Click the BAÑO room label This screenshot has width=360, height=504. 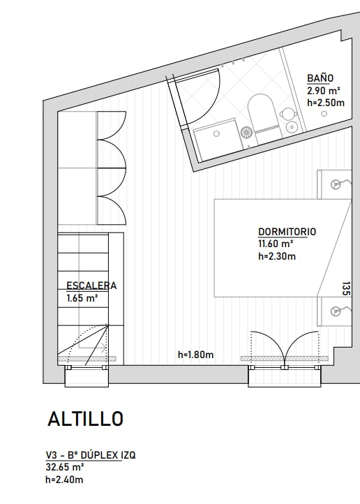click(x=320, y=78)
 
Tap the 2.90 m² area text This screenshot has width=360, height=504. click(x=323, y=90)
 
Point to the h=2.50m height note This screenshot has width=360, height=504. click(x=326, y=102)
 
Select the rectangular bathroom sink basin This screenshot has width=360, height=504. click(x=216, y=140)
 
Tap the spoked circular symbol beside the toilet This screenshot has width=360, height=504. click(x=246, y=131)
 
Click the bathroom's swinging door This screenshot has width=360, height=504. click(x=199, y=98)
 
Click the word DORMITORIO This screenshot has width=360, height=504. click(x=287, y=232)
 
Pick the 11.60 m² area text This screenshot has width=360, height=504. click(x=276, y=244)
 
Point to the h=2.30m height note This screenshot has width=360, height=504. click(x=277, y=256)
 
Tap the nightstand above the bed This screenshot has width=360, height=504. click(x=334, y=184)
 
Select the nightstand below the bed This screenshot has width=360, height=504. click(x=334, y=311)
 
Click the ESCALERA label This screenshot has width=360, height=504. click(x=91, y=286)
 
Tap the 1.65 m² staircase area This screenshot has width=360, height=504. click(x=82, y=297)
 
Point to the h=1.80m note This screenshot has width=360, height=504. click(x=195, y=355)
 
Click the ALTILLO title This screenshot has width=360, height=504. click(x=85, y=419)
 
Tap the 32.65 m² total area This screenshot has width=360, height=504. click(x=65, y=466)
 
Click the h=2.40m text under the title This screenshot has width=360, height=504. click(x=64, y=479)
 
